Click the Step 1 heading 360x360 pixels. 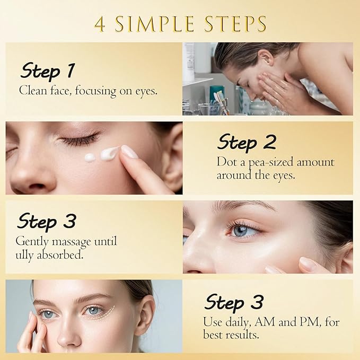[x=47, y=70]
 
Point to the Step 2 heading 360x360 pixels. [x=247, y=142]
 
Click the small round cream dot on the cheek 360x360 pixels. [x=90, y=157]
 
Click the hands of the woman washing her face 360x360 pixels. [x=278, y=90]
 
